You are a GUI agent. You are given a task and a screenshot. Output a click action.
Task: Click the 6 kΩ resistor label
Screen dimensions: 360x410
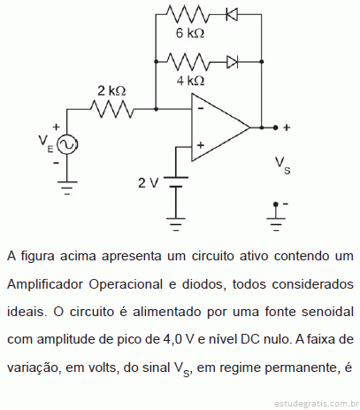(x=190, y=33)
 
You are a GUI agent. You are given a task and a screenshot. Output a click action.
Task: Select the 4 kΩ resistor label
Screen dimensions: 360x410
(x=190, y=81)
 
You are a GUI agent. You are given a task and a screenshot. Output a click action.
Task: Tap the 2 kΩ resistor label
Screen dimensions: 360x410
(x=111, y=91)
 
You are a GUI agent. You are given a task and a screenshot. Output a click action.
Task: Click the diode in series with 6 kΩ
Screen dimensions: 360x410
(x=232, y=14)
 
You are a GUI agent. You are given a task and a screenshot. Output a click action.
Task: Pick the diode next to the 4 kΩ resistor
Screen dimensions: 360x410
(x=233, y=62)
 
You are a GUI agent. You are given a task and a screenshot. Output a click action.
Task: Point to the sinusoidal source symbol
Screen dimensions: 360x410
(x=67, y=144)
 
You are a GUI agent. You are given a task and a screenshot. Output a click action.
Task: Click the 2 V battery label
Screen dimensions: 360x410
(x=149, y=183)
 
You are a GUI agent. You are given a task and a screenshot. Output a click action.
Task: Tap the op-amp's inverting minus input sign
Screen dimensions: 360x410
(x=201, y=109)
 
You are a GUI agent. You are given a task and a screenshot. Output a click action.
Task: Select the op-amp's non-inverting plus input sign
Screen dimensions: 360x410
(x=201, y=145)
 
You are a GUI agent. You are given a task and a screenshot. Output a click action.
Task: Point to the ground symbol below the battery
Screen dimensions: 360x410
(x=176, y=224)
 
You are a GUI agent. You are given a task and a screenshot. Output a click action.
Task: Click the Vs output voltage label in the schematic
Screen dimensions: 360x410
(x=283, y=166)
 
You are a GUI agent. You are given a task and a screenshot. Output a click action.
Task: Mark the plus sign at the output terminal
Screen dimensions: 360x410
(x=287, y=128)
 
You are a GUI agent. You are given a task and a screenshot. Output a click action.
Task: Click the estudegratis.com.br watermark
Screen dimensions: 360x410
(x=317, y=403)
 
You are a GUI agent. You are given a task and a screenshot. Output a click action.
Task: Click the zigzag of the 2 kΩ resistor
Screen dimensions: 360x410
(x=111, y=109)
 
